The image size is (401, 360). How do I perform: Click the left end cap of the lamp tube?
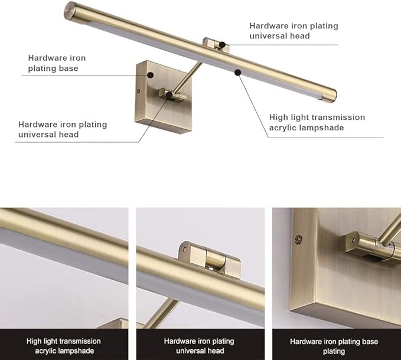pos(70,10)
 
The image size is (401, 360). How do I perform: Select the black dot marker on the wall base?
pos(151,75)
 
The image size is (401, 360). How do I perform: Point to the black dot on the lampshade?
pos(237,73)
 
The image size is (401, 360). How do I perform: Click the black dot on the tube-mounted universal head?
pos(222,44)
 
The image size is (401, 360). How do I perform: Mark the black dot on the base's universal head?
pos(169,94)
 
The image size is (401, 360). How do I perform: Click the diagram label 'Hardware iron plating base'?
pos(57,63)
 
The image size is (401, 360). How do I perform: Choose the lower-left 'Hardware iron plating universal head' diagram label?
pos(63,129)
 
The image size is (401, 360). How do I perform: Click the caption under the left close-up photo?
pos(64,346)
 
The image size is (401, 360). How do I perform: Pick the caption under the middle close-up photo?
pos(199,346)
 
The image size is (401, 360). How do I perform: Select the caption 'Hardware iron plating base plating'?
pos(334,346)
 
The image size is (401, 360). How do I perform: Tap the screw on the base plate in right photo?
pos(298,239)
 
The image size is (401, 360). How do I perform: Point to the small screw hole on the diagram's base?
pos(138,91)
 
